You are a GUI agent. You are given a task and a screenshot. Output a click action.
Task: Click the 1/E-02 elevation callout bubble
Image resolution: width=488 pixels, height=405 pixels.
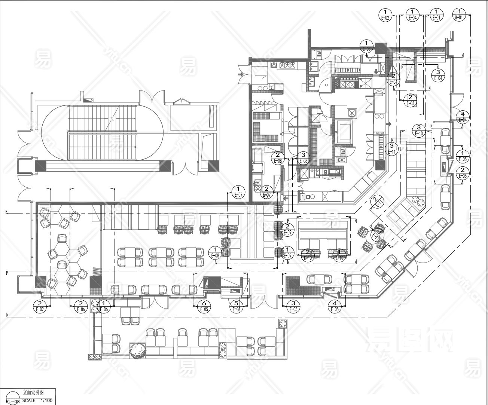tap(385, 15)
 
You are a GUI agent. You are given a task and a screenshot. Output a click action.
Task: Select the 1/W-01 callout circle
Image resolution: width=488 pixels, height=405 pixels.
tap(458, 15)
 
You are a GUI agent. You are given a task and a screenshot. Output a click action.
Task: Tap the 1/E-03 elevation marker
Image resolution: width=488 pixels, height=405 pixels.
tap(366, 46)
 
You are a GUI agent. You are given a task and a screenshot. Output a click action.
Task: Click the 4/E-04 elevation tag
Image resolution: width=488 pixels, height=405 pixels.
tap(463, 117)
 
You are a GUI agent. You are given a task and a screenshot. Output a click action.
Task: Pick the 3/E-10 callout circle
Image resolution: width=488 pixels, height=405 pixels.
tap(419, 130)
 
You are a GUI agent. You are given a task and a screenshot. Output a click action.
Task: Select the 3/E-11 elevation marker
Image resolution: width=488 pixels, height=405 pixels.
tap(392, 148)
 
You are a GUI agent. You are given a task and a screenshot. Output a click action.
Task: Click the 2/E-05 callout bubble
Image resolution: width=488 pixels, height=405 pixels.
tap(463, 173)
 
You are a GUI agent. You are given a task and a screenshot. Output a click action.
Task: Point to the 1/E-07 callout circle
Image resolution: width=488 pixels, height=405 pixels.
tap(238, 192)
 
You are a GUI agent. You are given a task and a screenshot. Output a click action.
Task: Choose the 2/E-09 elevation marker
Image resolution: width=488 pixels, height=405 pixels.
tap(287, 229)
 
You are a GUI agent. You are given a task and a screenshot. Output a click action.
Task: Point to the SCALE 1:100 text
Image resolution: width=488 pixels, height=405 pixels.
tap(36, 400)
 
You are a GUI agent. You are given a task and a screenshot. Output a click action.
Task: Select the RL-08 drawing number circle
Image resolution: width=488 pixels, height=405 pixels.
tap(13, 399)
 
